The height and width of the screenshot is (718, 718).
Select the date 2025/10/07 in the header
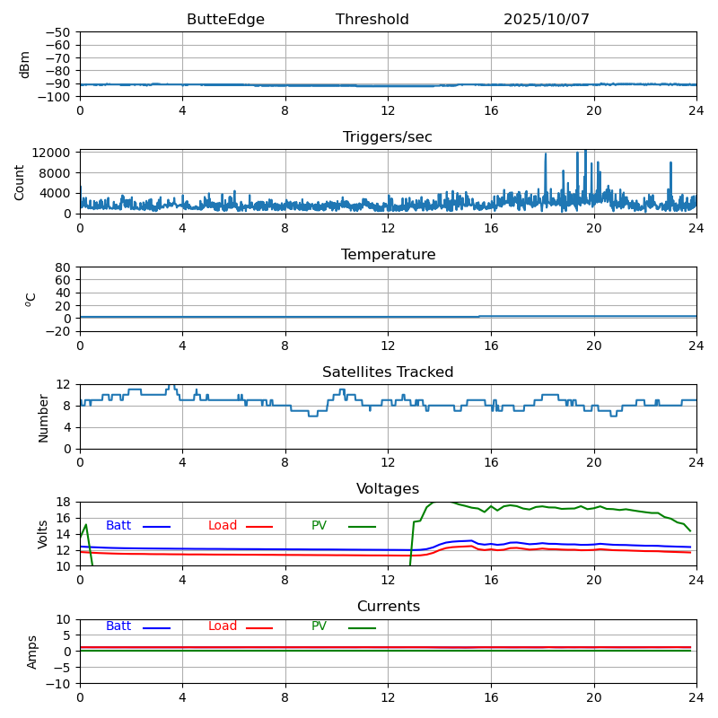(x=547, y=20)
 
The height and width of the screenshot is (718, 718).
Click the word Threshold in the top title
(x=372, y=20)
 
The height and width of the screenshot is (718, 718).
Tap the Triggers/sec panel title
(x=388, y=137)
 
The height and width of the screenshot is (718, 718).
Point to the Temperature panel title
(x=388, y=255)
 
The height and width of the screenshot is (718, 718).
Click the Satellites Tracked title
(x=388, y=372)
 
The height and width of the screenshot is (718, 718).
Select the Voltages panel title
(x=388, y=489)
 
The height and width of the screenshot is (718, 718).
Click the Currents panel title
(x=388, y=607)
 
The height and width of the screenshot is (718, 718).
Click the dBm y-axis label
(x=25, y=65)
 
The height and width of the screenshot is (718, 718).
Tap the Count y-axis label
(x=20, y=182)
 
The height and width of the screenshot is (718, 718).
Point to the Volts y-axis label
(x=43, y=534)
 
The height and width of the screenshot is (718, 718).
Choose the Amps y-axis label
(x=32, y=652)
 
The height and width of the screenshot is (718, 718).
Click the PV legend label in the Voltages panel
(x=319, y=526)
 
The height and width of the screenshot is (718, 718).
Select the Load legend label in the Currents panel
(x=223, y=626)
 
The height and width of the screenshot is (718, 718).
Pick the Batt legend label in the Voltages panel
(x=118, y=526)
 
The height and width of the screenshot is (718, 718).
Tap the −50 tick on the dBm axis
(x=59, y=33)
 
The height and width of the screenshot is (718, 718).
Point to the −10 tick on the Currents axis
(x=59, y=684)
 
